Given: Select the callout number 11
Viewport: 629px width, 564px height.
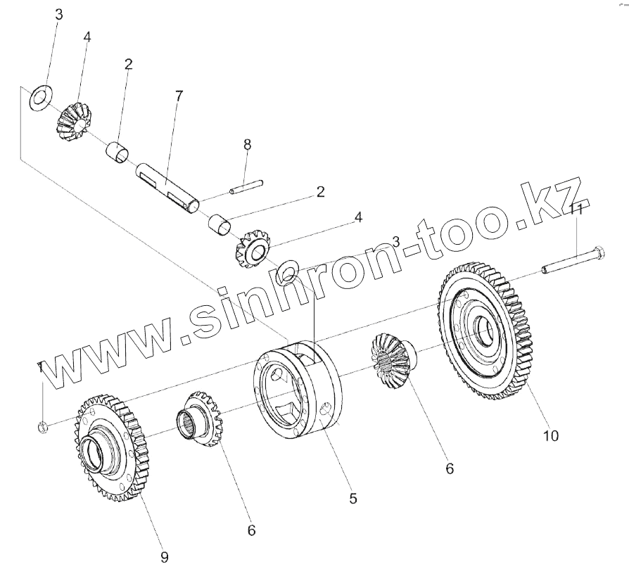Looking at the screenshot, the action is (x=576, y=209).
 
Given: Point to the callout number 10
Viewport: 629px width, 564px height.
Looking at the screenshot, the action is (x=550, y=436).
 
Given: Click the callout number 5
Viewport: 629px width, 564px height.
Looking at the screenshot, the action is (x=352, y=499).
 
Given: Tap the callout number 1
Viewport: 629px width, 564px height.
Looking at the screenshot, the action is (x=41, y=367).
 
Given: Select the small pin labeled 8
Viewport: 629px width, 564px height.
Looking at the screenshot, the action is (x=247, y=186).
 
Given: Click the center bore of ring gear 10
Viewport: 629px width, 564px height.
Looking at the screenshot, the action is (x=484, y=327).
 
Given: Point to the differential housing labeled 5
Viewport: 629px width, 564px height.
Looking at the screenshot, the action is (x=299, y=390).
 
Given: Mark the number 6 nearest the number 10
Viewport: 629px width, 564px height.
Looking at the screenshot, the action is (x=450, y=468).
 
